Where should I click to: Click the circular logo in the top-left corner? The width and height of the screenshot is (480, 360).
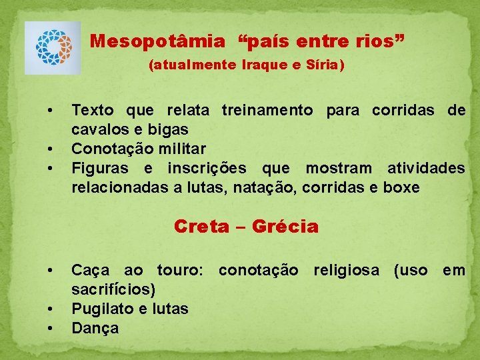(53, 47)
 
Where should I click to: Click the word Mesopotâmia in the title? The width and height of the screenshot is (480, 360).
(158, 41)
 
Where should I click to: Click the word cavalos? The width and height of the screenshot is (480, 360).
(97, 129)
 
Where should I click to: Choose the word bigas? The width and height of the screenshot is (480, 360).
(170, 129)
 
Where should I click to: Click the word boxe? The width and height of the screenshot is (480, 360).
(401, 187)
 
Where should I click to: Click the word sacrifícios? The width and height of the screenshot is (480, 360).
(114, 289)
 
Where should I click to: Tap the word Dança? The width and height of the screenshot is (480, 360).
(95, 328)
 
